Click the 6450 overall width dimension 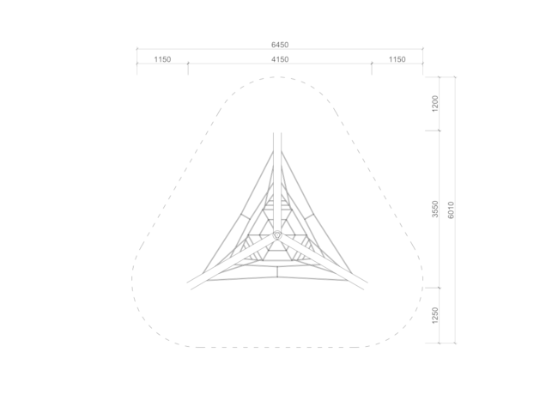click(280, 45)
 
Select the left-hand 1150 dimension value click(162, 59)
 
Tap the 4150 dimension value click(280, 59)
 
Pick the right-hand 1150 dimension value click(397, 59)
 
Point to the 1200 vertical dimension click(435, 103)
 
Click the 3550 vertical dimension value click(435, 210)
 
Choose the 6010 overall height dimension click(451, 210)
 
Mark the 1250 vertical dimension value click(435, 315)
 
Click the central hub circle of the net click(277, 235)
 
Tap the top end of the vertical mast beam click(277, 133)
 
